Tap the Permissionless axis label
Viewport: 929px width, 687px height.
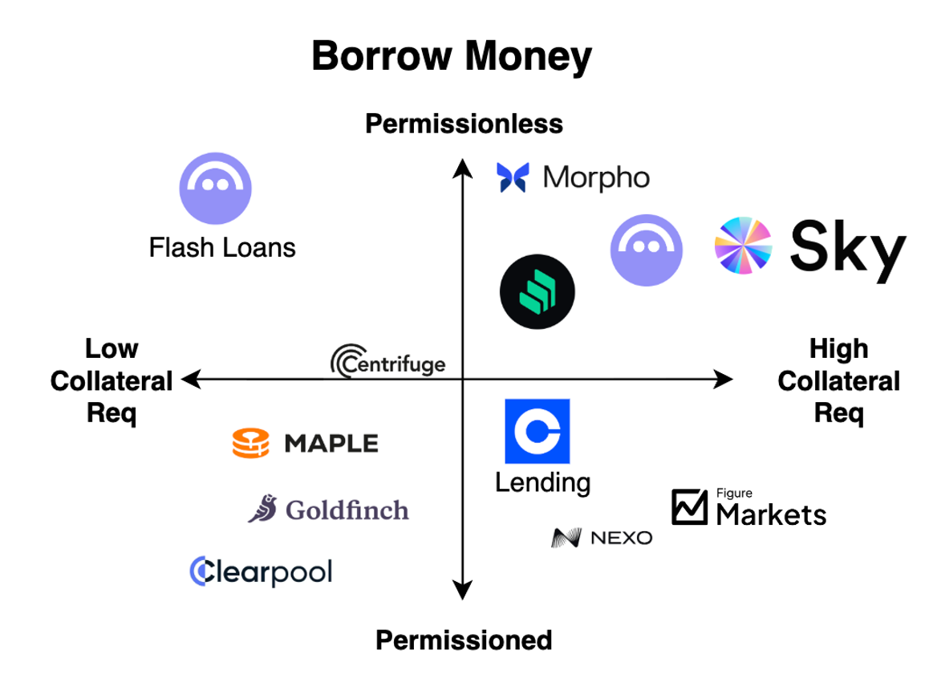(x=464, y=124)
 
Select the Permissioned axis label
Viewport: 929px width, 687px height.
(x=464, y=640)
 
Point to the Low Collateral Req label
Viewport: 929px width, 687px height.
(x=112, y=380)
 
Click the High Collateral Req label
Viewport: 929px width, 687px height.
(x=838, y=380)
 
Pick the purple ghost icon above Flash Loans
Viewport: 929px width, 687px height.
(x=215, y=188)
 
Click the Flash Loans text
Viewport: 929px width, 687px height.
(x=222, y=247)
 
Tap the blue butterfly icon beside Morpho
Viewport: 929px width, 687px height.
(x=512, y=177)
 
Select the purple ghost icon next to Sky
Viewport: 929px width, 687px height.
(x=646, y=250)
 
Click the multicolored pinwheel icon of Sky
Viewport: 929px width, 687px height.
(x=743, y=246)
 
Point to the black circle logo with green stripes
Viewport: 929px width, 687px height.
(x=537, y=293)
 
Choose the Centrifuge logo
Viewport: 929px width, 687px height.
(x=387, y=362)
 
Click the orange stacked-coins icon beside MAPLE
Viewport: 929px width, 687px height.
(x=251, y=443)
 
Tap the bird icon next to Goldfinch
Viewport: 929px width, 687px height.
(x=262, y=509)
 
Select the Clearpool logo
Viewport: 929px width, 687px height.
(x=261, y=571)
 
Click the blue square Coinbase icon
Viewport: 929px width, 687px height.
(x=537, y=431)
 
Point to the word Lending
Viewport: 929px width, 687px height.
(x=542, y=483)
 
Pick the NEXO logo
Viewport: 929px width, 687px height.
(x=602, y=538)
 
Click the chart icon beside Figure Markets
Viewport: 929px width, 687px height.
(x=689, y=507)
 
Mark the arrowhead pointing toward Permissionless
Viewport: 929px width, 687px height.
(x=462, y=166)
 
